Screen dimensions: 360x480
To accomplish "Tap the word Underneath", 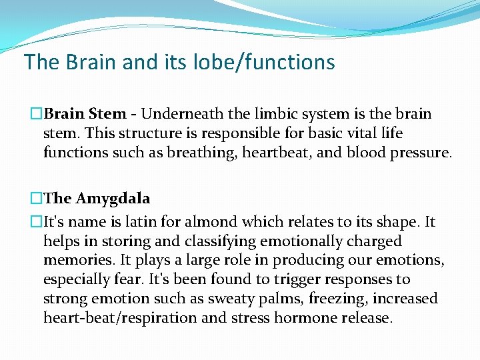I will (179, 114).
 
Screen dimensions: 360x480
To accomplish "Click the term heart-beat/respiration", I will (120, 318).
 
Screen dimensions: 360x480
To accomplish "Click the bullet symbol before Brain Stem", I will (37, 114).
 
